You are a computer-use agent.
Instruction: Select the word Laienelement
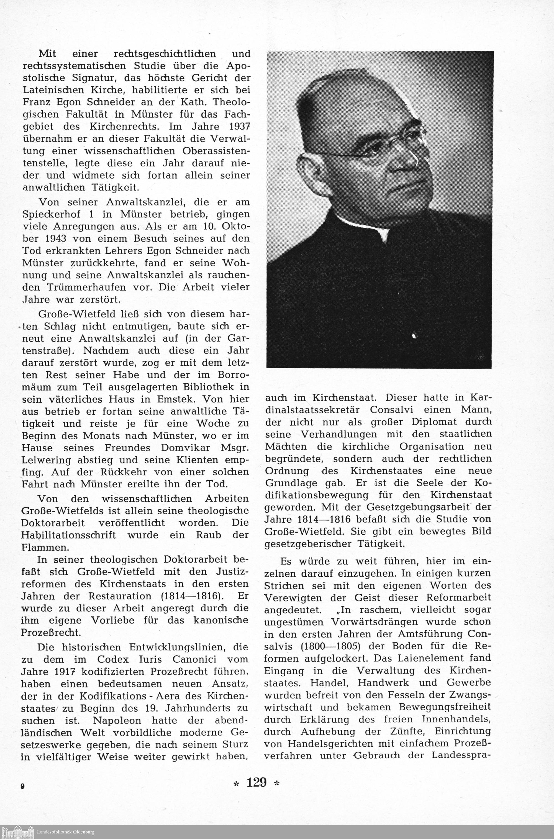pos(424,658)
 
